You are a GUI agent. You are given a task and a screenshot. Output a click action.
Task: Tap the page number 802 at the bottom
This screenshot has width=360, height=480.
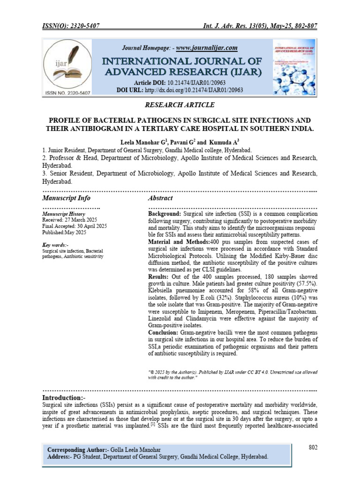pyautogui.click(x=313, y=447)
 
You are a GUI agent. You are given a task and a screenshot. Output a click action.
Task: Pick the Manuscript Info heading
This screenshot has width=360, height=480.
pyautogui.click(x=66, y=198)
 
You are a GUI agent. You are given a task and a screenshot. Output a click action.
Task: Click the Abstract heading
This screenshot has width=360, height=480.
pyautogui.click(x=160, y=198)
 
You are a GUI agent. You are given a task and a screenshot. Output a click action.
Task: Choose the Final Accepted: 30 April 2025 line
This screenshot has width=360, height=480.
pyautogui.click(x=75, y=226)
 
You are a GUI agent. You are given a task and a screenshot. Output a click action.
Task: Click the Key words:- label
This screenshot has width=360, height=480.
pyautogui.click(x=55, y=245)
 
